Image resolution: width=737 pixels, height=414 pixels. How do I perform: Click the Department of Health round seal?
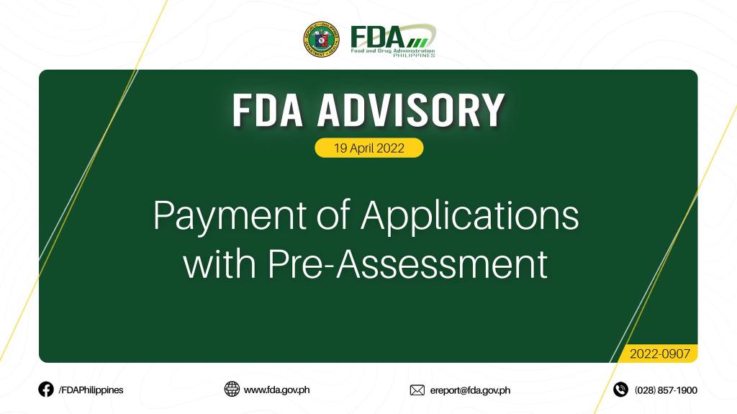[322, 40]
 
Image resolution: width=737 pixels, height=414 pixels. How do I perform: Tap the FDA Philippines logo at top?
[394, 40]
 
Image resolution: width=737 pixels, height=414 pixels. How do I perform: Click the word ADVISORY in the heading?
[411, 110]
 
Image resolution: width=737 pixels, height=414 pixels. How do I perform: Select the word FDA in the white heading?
[268, 110]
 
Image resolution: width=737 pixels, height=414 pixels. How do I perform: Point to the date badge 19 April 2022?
[369, 148]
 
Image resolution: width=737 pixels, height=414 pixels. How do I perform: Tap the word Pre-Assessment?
[408, 264]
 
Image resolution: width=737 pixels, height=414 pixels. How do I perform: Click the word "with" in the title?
[220, 264]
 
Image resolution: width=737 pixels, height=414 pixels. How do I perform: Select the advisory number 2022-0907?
[660, 354]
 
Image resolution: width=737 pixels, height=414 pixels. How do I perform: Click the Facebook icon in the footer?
[46, 390]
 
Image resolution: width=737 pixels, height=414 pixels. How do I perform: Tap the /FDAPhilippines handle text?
[91, 390]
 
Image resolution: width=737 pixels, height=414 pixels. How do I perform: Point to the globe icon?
[232, 389]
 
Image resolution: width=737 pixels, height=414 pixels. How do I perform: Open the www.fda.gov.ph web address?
[276, 390]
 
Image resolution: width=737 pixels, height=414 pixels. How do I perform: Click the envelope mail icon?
[417, 390]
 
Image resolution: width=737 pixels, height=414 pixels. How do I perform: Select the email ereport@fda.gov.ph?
[470, 390]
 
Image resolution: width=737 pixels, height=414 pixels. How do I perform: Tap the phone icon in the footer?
[620, 390]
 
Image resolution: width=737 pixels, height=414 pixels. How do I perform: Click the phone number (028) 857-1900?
[666, 390]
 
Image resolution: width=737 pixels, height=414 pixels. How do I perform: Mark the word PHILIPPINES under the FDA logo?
[414, 55]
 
